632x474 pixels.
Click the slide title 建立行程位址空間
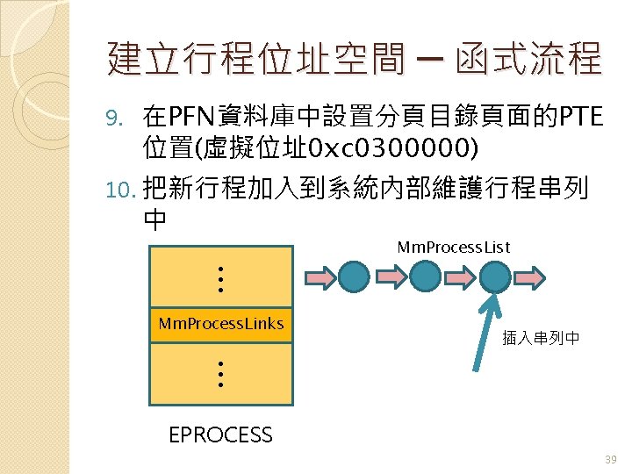click(255, 60)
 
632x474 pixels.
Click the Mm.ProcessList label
click(454, 247)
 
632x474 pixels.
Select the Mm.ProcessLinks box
click(221, 324)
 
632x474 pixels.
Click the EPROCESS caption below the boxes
click(220, 434)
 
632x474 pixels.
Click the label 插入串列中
click(541, 337)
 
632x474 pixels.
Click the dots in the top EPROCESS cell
click(221, 279)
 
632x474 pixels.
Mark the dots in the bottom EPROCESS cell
click(221, 375)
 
